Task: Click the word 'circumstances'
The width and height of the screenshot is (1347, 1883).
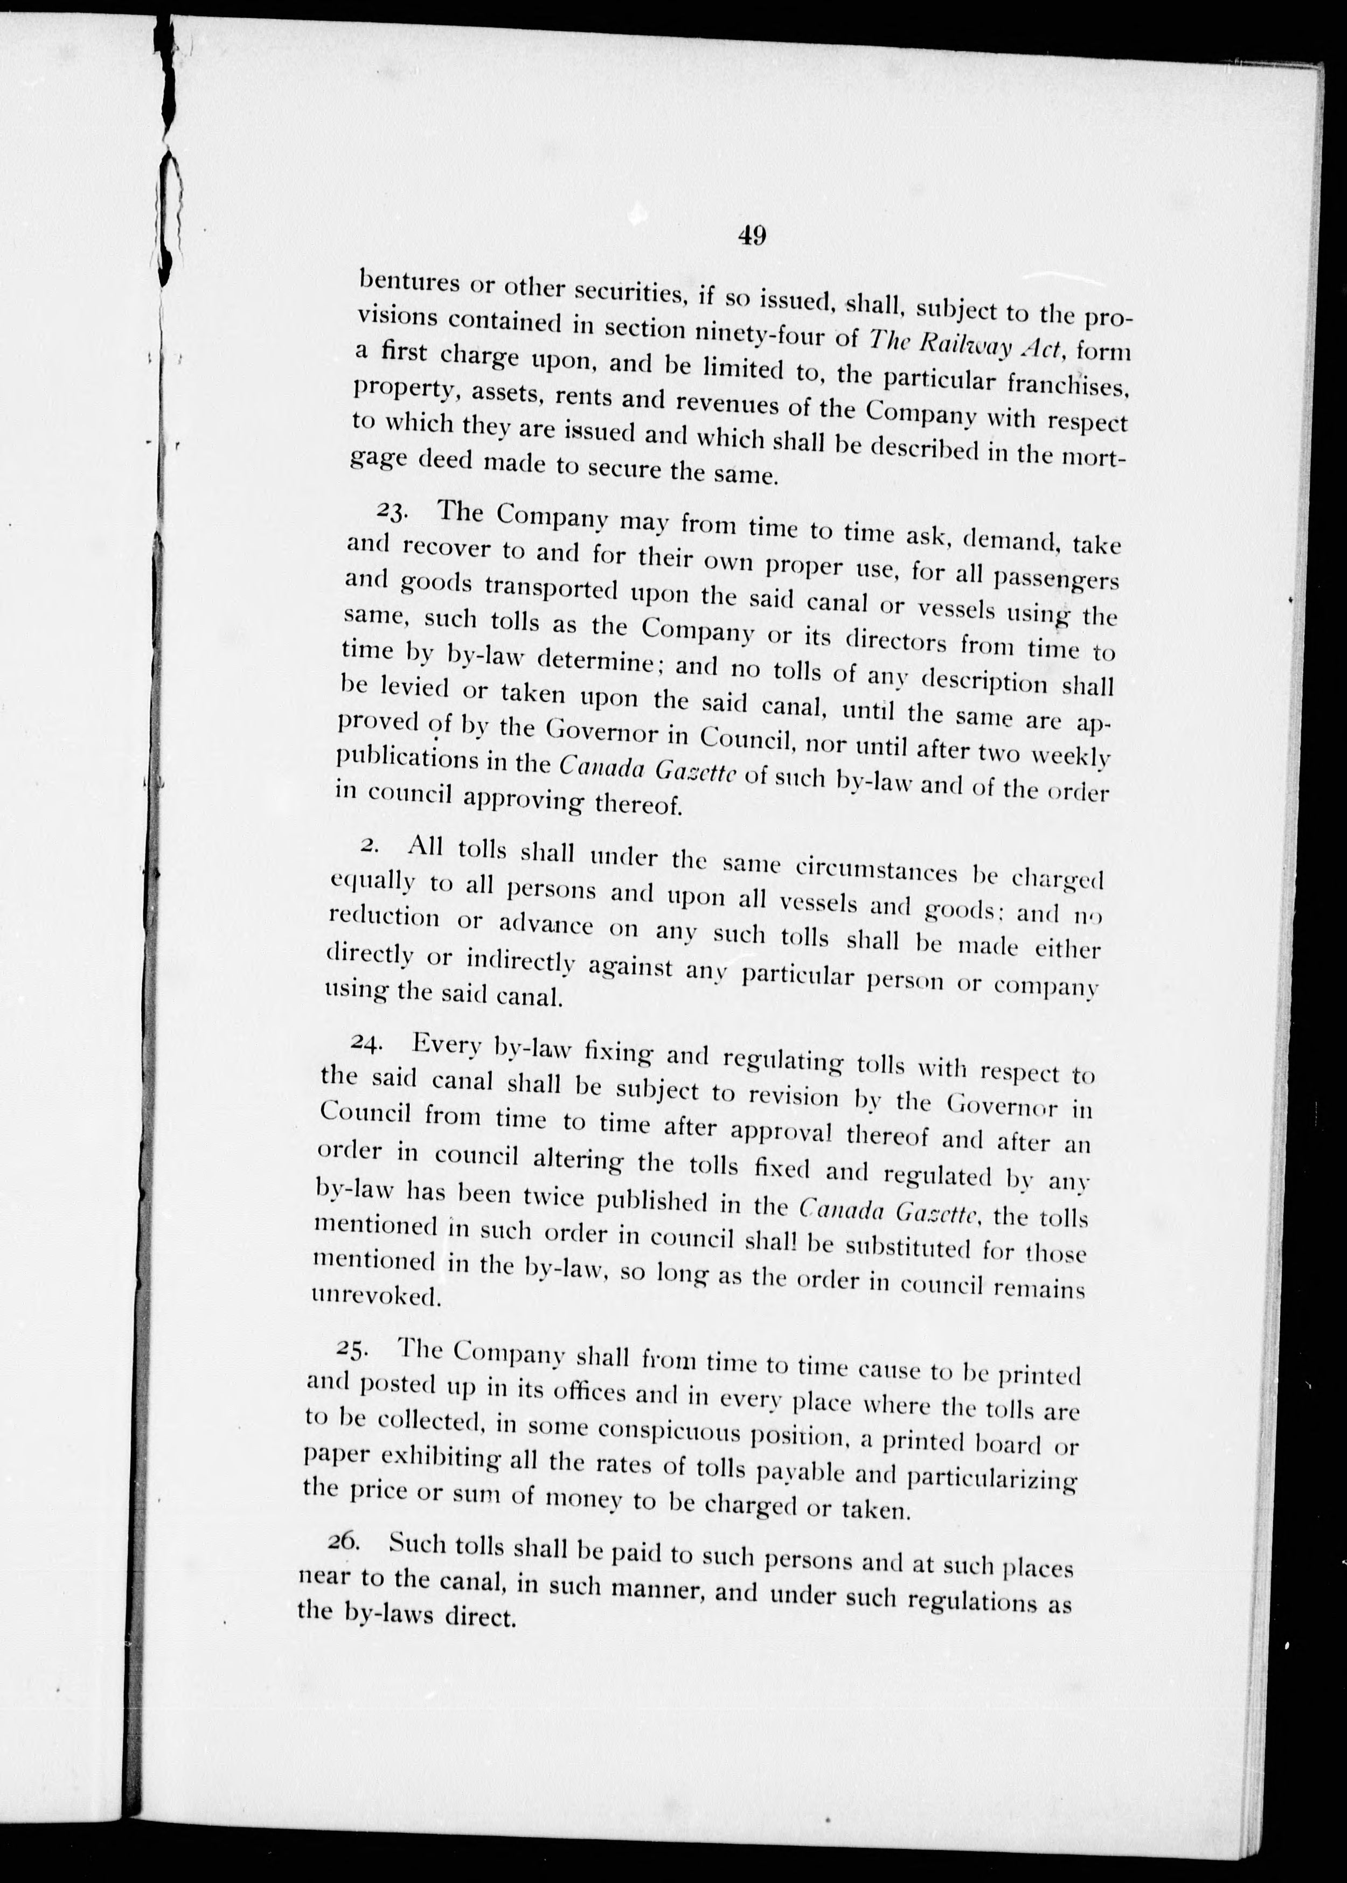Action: click(x=876, y=870)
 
